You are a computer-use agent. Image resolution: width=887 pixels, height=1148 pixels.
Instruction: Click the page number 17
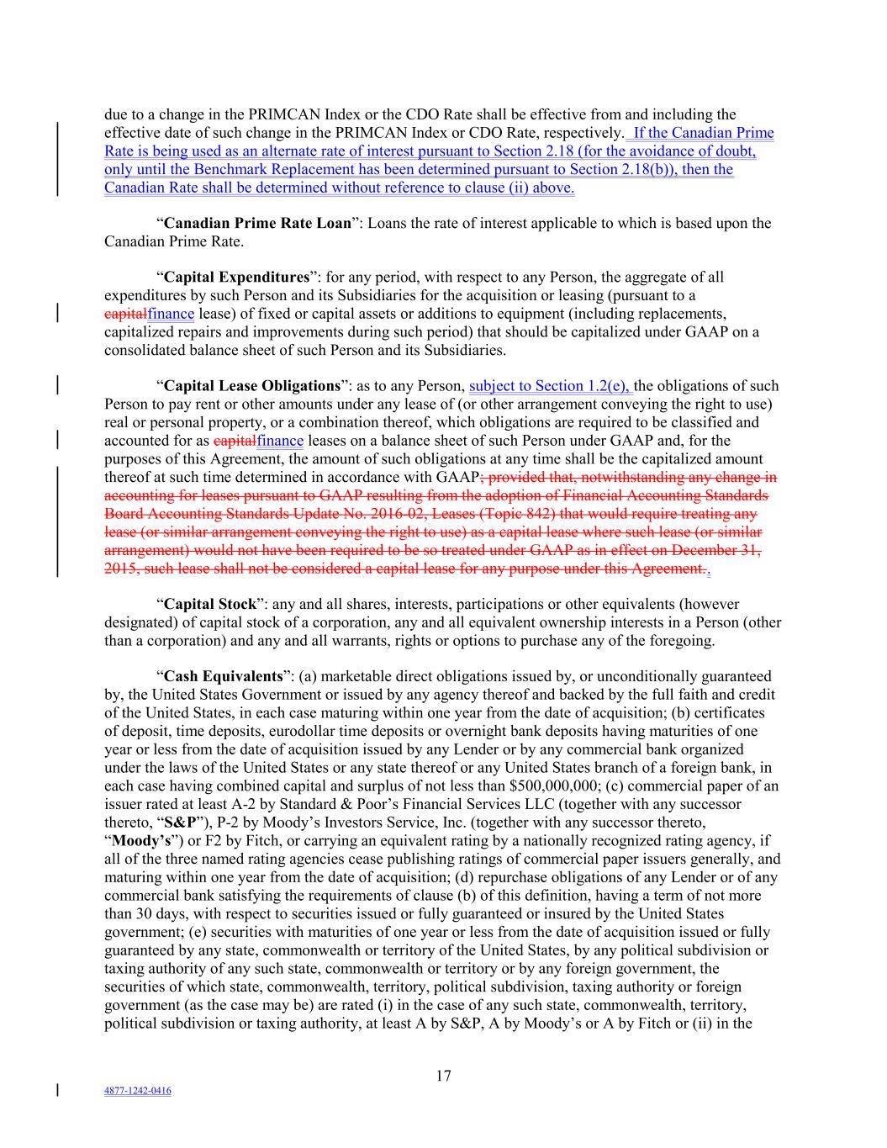[x=443, y=1076]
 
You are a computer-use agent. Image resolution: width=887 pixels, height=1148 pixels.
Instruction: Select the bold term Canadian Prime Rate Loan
[x=257, y=224]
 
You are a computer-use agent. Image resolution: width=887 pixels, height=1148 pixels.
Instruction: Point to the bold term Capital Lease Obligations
[x=251, y=387]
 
